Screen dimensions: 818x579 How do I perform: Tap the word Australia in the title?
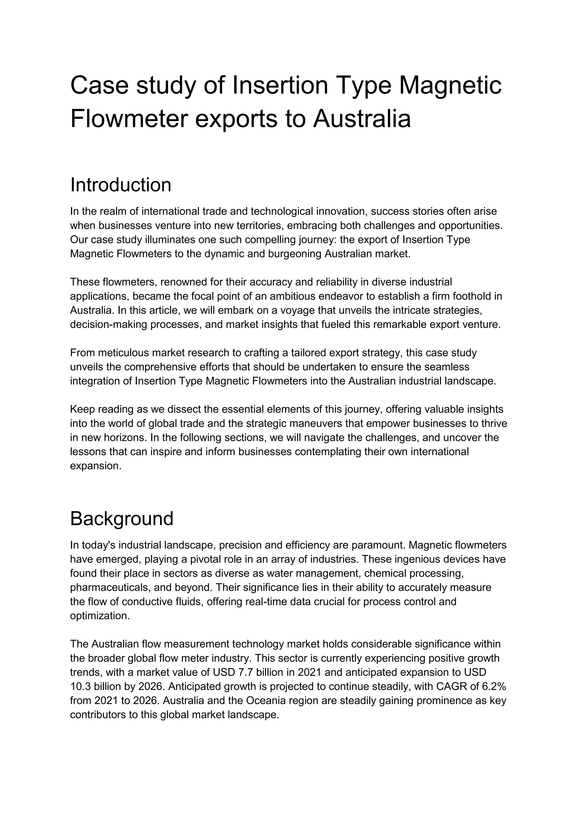pos(362,119)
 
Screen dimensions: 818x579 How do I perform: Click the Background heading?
pos(122,518)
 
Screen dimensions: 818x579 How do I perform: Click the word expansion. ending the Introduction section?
pos(96,466)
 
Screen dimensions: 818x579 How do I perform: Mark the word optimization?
pos(100,616)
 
